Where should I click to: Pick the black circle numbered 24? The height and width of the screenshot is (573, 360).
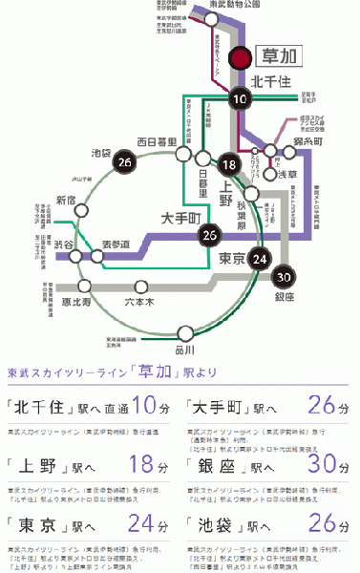[x=258, y=259]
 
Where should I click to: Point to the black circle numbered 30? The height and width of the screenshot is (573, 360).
[x=281, y=278]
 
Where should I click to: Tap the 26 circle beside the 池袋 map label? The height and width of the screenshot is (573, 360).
[x=122, y=162]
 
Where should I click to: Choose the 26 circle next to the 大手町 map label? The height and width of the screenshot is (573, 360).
[x=211, y=236]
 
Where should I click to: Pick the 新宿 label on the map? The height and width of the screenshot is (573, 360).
[x=65, y=200]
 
